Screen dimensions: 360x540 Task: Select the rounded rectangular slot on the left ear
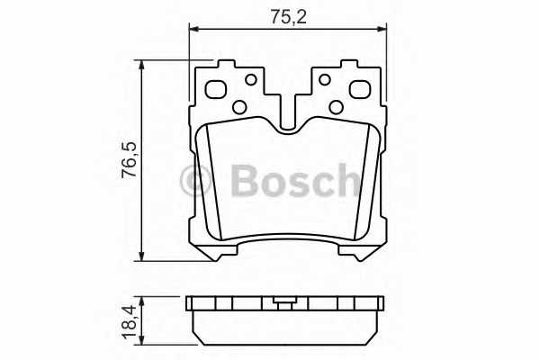(x=217, y=90)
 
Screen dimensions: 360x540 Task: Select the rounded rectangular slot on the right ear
(x=359, y=90)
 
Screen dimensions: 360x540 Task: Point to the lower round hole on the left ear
(x=239, y=108)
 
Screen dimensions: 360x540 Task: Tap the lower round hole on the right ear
(x=336, y=108)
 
